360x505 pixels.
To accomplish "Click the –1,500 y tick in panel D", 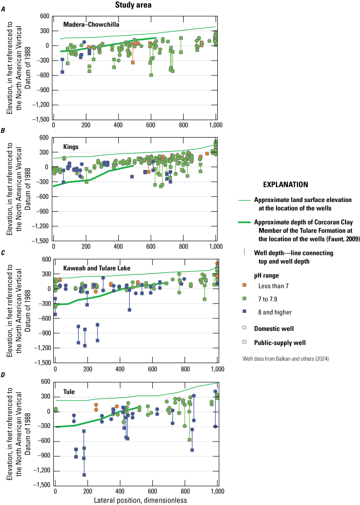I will (38, 485).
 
